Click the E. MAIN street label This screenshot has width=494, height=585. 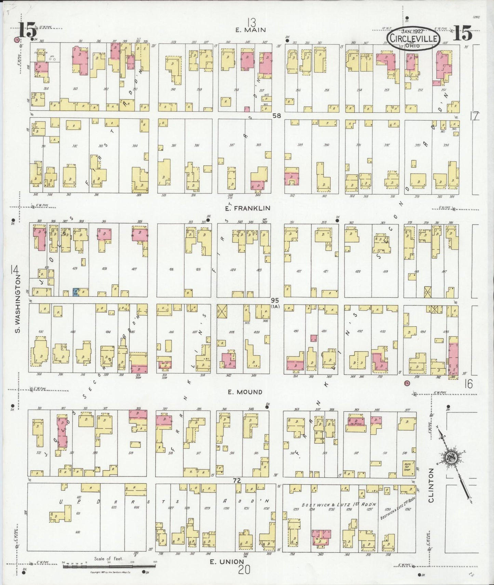(251, 30)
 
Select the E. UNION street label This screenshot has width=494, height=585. (227, 561)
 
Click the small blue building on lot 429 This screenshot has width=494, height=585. (75, 292)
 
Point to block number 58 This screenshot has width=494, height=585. (276, 116)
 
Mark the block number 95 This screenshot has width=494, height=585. (275, 300)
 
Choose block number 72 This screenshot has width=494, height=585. (237, 480)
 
